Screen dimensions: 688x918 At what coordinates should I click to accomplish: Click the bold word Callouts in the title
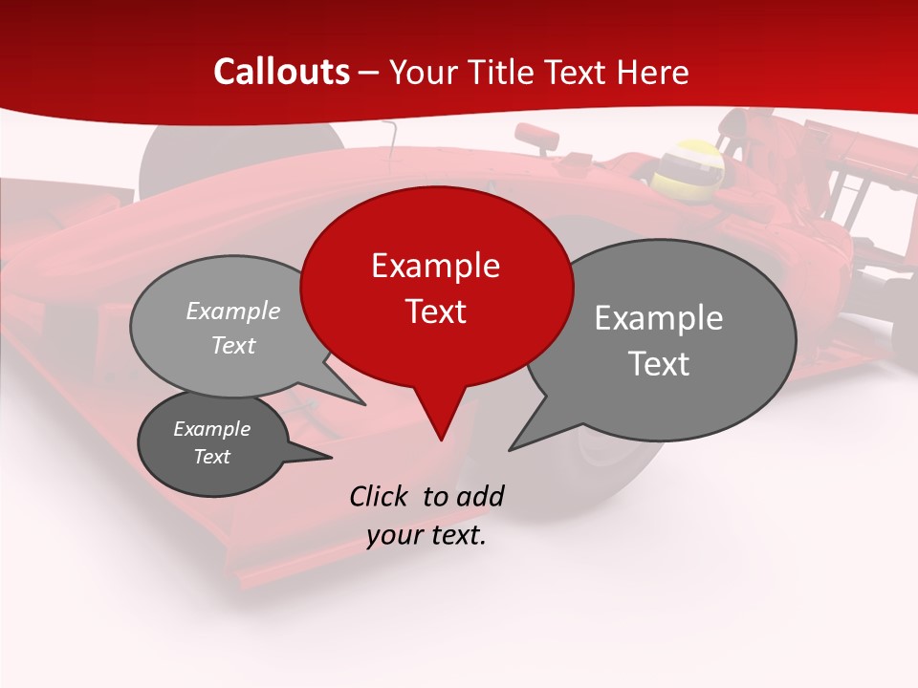[282, 72]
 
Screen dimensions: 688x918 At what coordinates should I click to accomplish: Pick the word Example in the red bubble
[435, 266]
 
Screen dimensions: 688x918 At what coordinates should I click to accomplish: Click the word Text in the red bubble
[436, 312]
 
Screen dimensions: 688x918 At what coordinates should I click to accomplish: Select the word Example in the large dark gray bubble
[659, 318]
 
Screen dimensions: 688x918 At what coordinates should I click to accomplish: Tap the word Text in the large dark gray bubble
[659, 364]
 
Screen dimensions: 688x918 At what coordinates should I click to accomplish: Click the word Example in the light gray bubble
[233, 311]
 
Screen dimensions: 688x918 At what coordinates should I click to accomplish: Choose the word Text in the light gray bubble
[233, 345]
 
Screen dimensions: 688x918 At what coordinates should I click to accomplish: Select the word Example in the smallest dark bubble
[211, 429]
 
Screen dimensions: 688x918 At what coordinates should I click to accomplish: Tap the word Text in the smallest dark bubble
[211, 457]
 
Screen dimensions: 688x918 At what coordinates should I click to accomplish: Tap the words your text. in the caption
[426, 535]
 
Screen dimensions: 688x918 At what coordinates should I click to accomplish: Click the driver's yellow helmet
[688, 164]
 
